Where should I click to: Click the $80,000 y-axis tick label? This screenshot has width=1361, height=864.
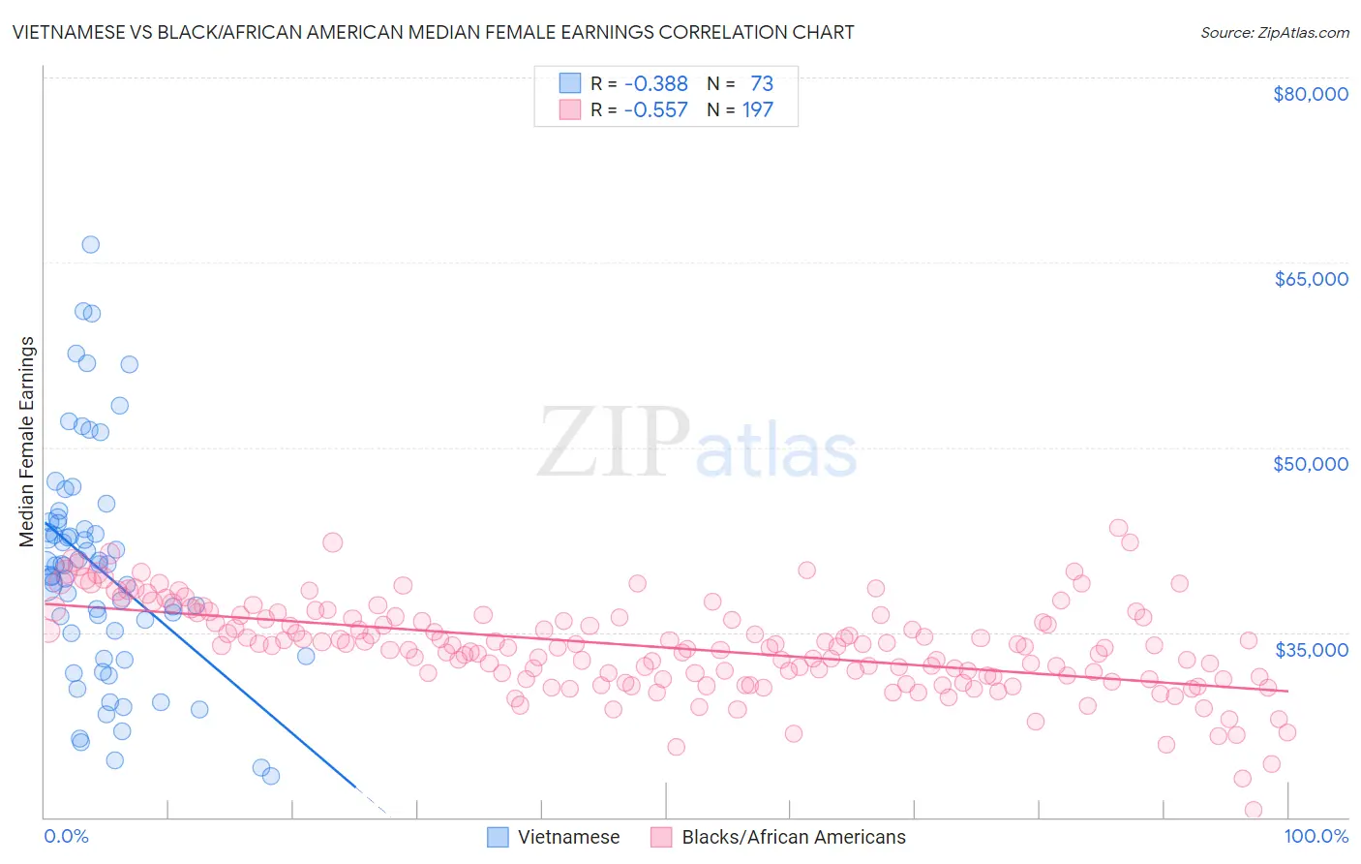(1310, 94)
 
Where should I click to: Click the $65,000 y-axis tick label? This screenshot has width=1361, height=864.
(1310, 279)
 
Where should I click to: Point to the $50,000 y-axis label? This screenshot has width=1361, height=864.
(1310, 464)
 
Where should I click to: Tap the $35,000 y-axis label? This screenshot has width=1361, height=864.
(1310, 649)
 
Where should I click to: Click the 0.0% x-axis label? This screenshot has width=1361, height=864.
(66, 836)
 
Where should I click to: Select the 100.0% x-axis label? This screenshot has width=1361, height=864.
(1316, 836)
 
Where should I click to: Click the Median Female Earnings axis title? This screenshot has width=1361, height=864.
(27, 442)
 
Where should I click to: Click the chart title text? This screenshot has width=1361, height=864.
(433, 32)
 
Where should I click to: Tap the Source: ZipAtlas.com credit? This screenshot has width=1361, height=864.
(1274, 32)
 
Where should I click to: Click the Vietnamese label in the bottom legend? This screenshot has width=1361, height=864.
(568, 837)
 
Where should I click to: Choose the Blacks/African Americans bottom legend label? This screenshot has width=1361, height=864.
(794, 837)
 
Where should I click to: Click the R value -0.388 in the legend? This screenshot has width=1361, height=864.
(655, 84)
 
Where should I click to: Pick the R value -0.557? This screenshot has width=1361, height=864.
(655, 110)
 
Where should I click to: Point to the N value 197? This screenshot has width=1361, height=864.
(758, 110)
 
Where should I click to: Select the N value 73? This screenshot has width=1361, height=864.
(762, 84)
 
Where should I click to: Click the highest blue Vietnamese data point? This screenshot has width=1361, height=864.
(90, 244)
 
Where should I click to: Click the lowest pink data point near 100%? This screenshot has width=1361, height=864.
(1253, 810)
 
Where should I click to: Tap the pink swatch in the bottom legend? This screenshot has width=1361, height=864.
(661, 837)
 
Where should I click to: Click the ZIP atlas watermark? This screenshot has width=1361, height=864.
(697, 443)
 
